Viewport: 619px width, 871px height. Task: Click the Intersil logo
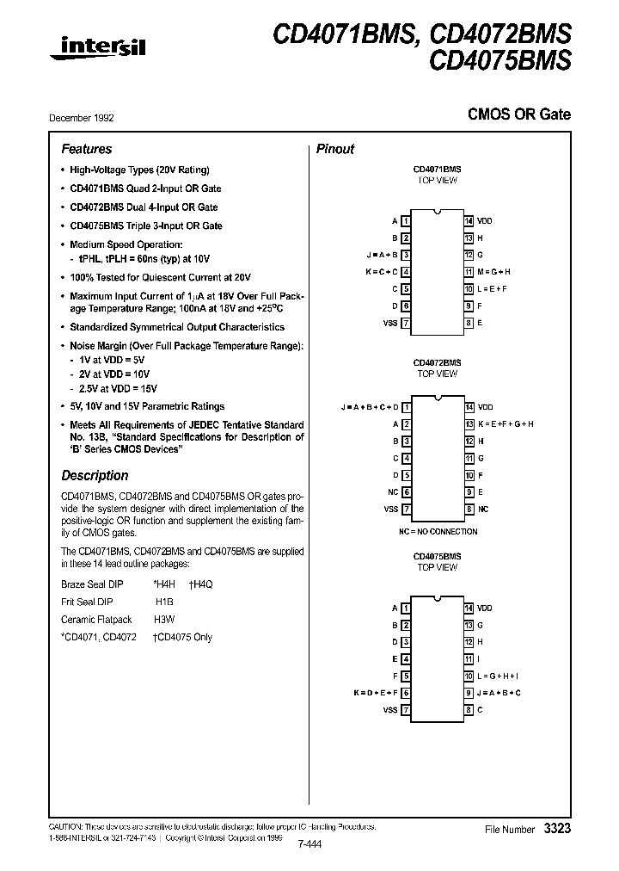97,51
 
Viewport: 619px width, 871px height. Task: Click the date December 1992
88,118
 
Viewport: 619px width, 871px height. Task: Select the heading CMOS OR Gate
518,114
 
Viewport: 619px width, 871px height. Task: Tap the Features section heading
86,149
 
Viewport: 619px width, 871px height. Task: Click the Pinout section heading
335,149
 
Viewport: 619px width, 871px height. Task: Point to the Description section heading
95,475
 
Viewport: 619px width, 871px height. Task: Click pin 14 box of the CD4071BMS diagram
469,221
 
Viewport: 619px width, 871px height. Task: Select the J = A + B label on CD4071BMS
382,255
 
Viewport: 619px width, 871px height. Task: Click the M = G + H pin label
494,272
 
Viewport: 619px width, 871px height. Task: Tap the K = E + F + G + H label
506,424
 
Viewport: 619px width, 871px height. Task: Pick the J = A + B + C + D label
370,407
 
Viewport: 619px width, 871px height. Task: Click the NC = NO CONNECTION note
437,531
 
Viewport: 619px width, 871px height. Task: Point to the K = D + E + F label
376,693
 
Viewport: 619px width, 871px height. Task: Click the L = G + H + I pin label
499,676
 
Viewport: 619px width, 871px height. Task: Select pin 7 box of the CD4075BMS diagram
406,710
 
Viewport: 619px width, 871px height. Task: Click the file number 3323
556,828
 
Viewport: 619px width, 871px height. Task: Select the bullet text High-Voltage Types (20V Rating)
139,170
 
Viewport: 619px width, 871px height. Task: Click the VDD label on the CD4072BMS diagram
485,407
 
